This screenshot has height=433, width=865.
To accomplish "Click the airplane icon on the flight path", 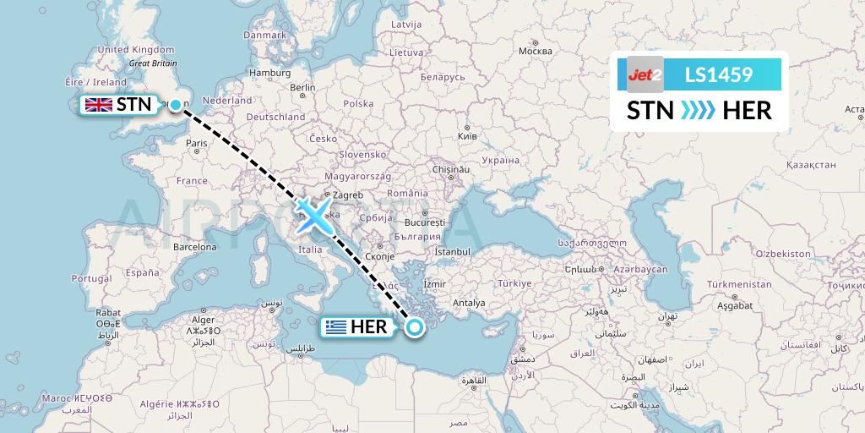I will [x=314, y=216].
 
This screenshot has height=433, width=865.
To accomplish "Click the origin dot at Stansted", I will [x=175, y=105].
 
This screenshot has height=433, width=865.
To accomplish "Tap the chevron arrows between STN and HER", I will [x=698, y=110].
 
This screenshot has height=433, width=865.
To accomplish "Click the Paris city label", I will [x=197, y=144].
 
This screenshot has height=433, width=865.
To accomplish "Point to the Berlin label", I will [x=302, y=87].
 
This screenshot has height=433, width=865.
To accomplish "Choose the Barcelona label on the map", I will [x=196, y=247].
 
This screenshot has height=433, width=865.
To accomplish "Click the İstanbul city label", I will [x=452, y=251].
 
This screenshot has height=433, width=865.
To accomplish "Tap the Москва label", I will [x=535, y=51].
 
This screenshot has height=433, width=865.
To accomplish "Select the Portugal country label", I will [x=91, y=278].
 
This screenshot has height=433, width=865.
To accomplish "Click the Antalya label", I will [x=469, y=303].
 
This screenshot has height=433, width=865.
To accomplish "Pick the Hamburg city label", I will [x=269, y=73].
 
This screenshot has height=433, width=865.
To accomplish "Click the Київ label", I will [x=466, y=135].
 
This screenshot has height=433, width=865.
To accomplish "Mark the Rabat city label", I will [x=108, y=312].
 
